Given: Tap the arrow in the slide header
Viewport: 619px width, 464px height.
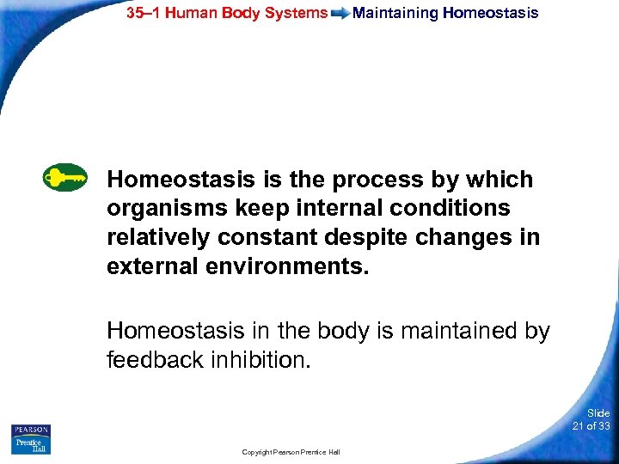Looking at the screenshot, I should point(340,14).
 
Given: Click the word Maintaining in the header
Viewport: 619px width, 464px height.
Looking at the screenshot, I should point(395,13).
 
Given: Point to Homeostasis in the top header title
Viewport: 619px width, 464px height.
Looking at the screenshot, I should point(491,13).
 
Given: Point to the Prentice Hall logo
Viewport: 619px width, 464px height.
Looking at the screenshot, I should point(31,445).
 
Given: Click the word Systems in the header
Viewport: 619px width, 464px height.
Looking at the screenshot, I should point(297,13).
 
